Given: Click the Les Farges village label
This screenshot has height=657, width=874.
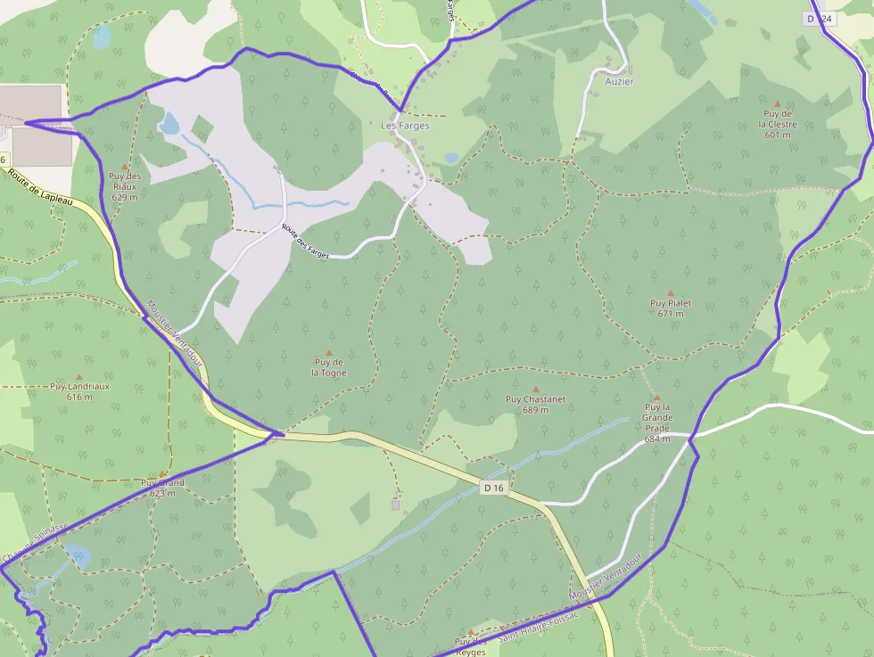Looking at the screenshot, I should point(405,126).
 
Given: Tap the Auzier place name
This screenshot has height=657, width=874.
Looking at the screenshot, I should point(619,81).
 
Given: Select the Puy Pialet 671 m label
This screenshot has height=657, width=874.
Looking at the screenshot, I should point(671,308).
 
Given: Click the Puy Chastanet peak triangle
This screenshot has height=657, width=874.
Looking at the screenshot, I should point(536,389).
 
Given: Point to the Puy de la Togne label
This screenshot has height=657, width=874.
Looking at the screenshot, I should point(329,367).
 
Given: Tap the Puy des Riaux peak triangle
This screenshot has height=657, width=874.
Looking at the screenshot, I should point(125,166).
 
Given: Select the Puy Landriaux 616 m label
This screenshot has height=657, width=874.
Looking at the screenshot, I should point(79,391).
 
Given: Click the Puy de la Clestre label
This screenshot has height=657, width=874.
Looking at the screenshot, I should point(778,124).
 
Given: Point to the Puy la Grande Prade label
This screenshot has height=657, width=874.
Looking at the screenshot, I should point(657,423).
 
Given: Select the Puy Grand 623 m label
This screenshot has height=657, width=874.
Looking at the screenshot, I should point(162,488).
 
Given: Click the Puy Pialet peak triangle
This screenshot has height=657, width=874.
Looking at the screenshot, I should point(671,292).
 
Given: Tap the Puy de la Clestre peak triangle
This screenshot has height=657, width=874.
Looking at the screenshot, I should point(778,104).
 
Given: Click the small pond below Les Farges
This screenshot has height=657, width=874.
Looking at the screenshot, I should point(451,158).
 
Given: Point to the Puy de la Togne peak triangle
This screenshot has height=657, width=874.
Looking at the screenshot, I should point(329,353).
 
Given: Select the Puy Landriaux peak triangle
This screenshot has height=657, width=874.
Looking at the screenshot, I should point(79,377).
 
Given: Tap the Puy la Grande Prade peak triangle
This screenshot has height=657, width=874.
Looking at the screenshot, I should point(657,398).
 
